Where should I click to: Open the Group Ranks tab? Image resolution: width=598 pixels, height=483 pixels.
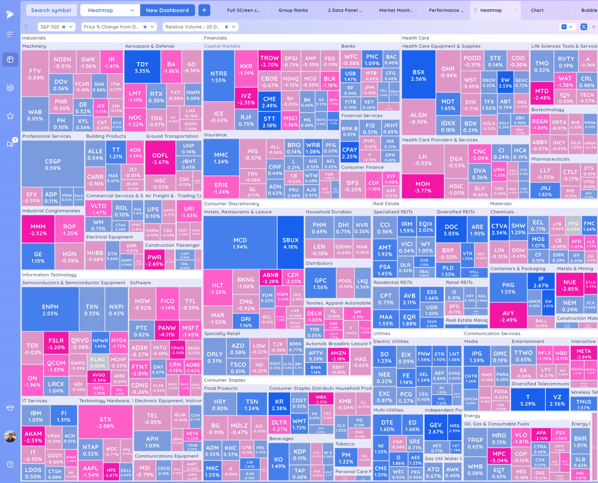[x=293, y=10]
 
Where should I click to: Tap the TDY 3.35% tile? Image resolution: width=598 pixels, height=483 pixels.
[x=142, y=67]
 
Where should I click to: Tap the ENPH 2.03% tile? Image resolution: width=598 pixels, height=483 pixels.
[x=50, y=310]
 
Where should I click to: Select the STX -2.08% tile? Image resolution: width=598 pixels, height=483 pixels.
[x=105, y=422]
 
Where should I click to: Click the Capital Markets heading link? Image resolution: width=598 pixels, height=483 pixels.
[x=222, y=46]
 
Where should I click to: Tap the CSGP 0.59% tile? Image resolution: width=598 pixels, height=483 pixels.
[x=53, y=164]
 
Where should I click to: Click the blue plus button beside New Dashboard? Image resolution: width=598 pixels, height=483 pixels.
[x=204, y=10]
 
